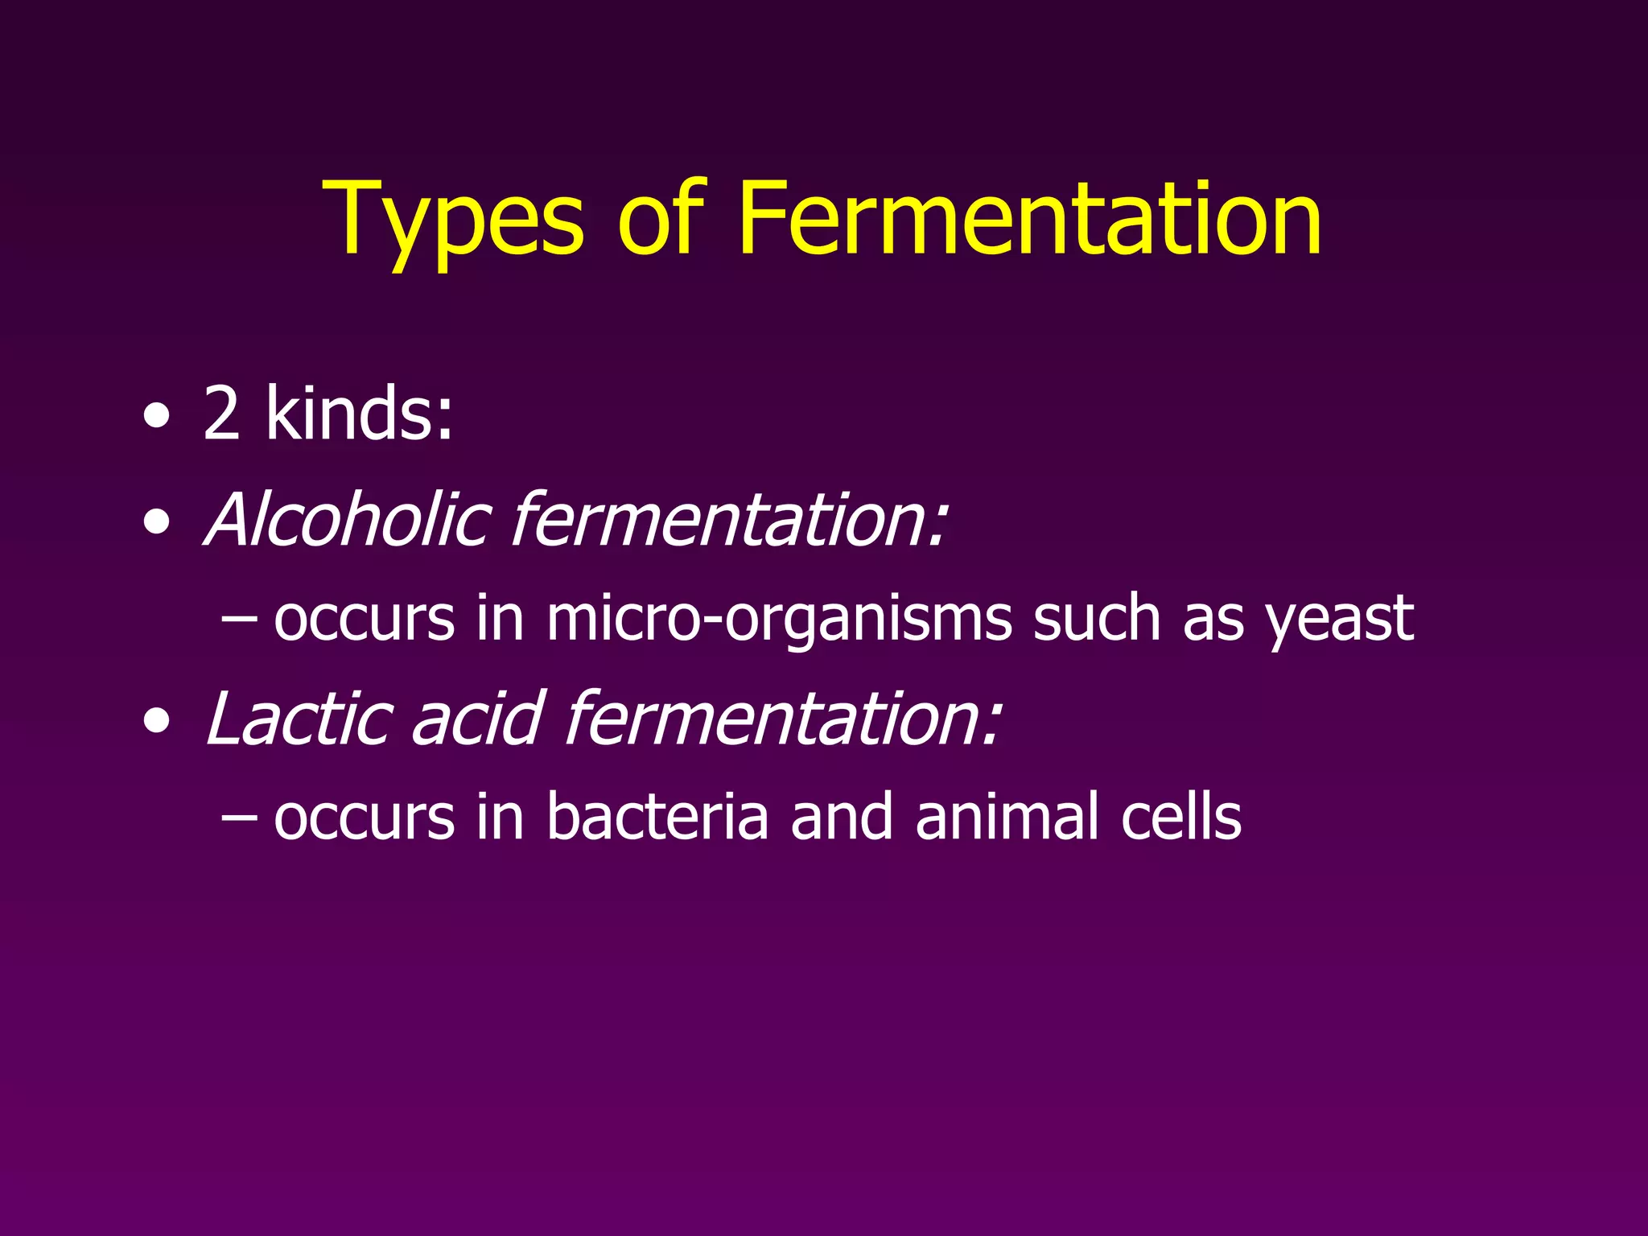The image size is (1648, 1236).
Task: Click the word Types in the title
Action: (452, 221)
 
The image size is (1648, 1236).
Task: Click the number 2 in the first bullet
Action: (221, 413)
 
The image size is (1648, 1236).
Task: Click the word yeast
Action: (1339, 620)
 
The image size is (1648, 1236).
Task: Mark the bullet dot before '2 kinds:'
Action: (157, 417)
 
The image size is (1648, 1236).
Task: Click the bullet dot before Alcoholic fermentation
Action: (157, 524)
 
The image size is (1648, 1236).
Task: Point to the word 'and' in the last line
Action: (842, 817)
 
